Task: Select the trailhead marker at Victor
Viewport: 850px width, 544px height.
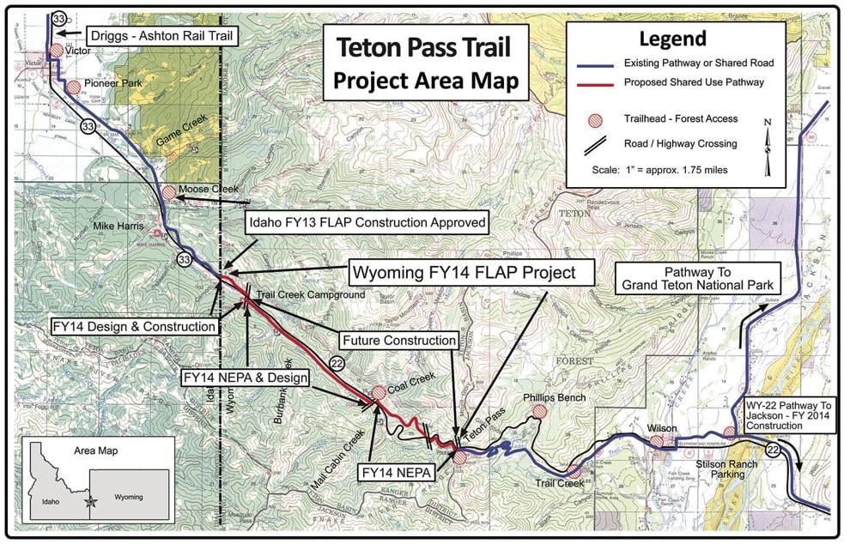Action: click(x=57, y=51)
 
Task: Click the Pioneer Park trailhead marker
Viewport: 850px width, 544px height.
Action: click(x=74, y=87)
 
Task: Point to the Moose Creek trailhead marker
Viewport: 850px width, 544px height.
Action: click(x=169, y=192)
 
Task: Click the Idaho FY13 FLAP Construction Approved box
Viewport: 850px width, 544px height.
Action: click(x=367, y=223)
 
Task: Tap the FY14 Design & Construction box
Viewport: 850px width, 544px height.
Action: click(x=134, y=326)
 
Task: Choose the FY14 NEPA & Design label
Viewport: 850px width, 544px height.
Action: click(x=238, y=377)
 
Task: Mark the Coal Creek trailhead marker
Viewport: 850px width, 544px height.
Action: click(x=378, y=393)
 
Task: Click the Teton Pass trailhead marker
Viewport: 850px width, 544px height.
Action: click(x=460, y=458)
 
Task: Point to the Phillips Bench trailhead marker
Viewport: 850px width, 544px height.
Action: click(x=539, y=413)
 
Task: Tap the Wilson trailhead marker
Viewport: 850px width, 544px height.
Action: click(x=657, y=442)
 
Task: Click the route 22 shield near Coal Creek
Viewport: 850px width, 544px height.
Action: click(x=337, y=365)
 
